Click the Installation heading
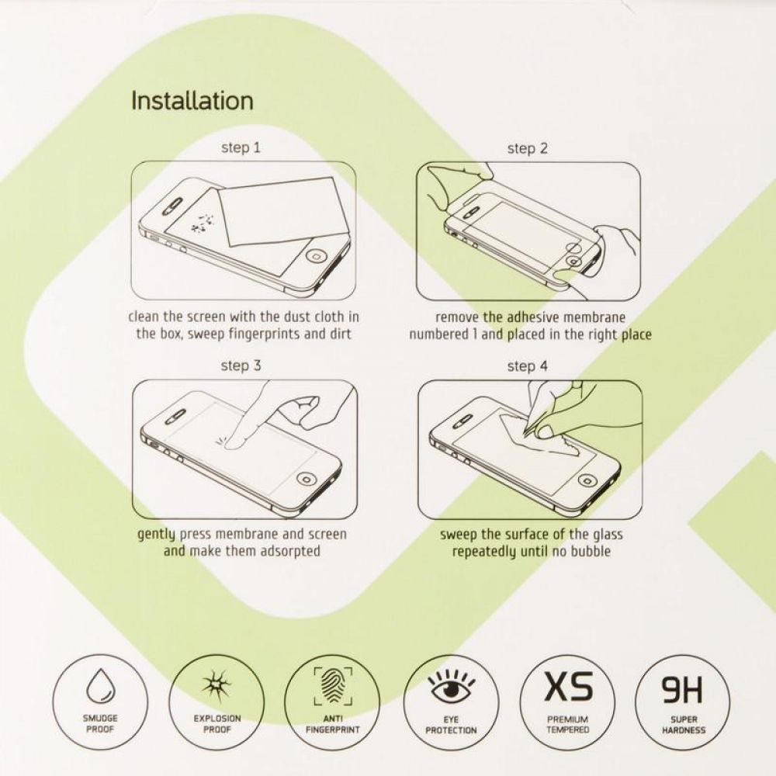[192, 100]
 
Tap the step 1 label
[241, 148]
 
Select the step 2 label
[528, 148]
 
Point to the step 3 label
[241, 366]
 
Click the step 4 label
[528, 367]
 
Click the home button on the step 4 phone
[587, 480]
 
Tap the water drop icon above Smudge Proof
[99, 684]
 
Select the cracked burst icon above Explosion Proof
[217, 685]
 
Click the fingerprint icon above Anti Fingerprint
[333, 686]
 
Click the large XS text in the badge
[568, 685]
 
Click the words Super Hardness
[684, 725]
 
